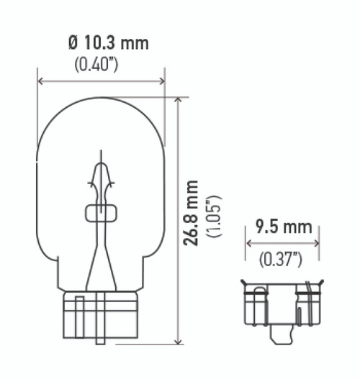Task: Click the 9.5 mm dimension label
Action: (283, 228)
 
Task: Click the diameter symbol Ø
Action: (72, 43)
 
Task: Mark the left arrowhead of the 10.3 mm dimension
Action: (41, 81)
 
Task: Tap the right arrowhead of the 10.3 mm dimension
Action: (161, 81)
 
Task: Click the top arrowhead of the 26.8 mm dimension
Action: (176, 100)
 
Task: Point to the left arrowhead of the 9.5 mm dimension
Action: (249, 242)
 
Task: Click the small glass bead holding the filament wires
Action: (100, 212)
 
